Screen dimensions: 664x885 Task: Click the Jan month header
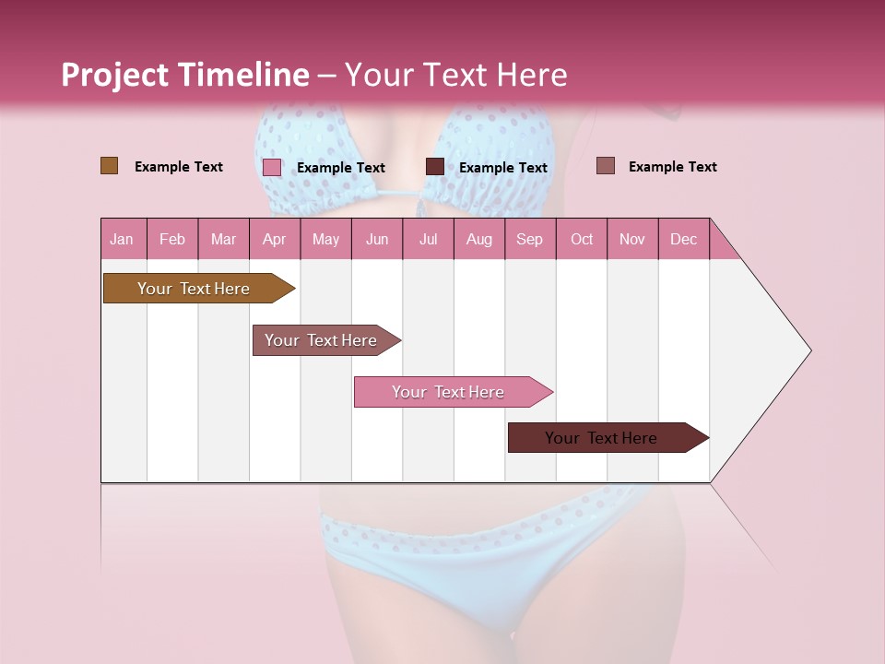[x=122, y=239]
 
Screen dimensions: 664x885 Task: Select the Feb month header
[x=172, y=239]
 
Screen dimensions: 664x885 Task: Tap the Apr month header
[x=275, y=239]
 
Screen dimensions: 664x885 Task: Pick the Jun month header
[x=377, y=239]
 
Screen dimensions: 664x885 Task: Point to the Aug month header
[x=479, y=239]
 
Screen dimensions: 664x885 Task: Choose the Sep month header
[x=530, y=239]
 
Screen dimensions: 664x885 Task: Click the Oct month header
[x=582, y=239]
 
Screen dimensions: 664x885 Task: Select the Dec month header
[x=684, y=239]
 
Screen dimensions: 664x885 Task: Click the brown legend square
[x=110, y=166]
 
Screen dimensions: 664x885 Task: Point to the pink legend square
[x=272, y=167]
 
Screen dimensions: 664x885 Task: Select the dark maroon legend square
[x=435, y=167]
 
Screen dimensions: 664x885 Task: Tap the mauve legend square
[x=606, y=166]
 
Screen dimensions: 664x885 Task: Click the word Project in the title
[x=113, y=75]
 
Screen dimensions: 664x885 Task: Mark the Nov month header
[x=632, y=239]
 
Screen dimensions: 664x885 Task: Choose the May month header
[x=325, y=239]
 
